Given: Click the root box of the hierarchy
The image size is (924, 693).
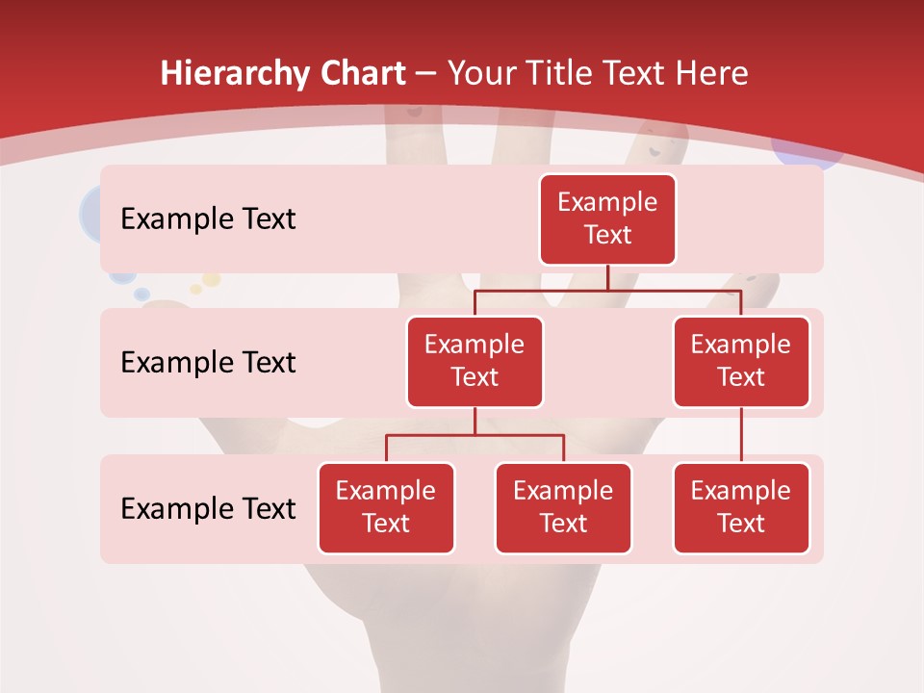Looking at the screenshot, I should (x=607, y=218).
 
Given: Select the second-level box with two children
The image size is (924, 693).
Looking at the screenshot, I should (x=475, y=361).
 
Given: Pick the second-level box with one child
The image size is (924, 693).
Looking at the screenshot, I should (x=741, y=361).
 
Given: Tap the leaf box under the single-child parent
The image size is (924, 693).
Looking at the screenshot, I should (x=741, y=507).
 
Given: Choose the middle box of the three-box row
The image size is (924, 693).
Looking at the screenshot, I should (x=563, y=507).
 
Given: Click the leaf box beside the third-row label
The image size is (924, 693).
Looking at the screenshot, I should (x=386, y=507).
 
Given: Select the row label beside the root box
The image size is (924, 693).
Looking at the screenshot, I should (x=208, y=218).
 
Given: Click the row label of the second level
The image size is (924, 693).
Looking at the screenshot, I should (x=208, y=362).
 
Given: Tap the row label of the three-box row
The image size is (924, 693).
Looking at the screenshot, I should (x=208, y=508).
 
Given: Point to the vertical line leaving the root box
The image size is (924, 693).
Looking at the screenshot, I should (x=607, y=276).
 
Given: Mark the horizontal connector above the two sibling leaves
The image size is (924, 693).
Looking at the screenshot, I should (x=475, y=435).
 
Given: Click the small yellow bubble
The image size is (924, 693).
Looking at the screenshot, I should (x=196, y=288).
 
